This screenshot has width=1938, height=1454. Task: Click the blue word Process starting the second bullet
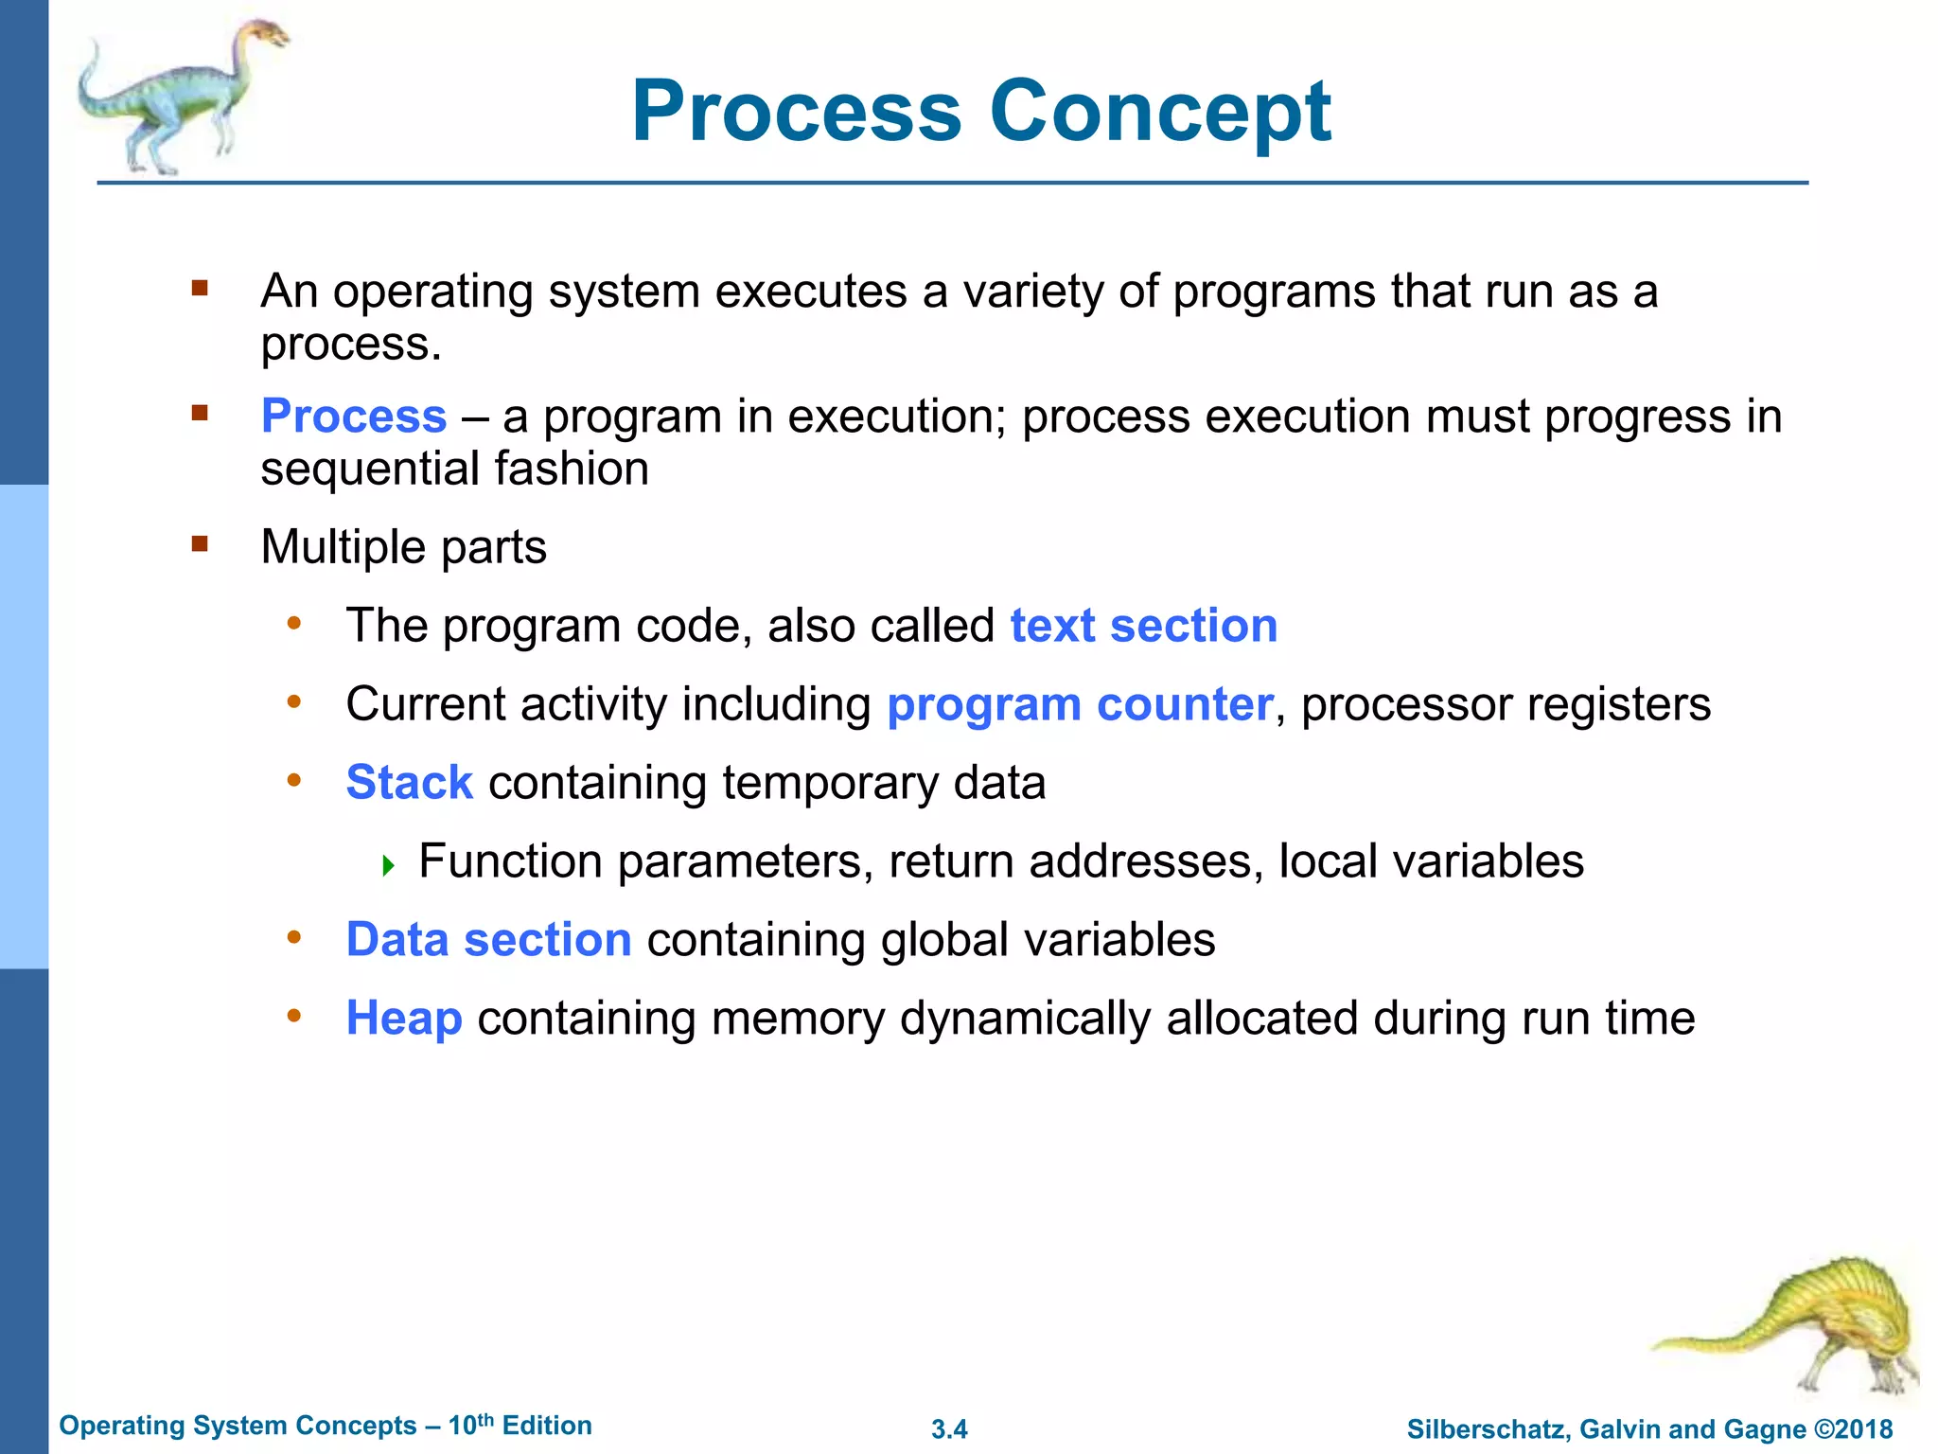(x=353, y=417)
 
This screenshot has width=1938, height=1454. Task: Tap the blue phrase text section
(x=1143, y=626)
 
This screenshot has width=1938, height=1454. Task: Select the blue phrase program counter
(x=1079, y=704)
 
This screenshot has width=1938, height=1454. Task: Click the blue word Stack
(x=409, y=783)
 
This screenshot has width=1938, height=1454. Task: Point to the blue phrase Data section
(x=488, y=940)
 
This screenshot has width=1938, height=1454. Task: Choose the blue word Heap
(x=404, y=1019)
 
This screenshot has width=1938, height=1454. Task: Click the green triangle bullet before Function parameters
(x=388, y=865)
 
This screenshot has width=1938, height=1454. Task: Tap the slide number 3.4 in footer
(x=949, y=1429)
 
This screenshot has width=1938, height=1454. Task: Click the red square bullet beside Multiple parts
(x=199, y=544)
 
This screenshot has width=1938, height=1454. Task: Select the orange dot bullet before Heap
(x=294, y=1017)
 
